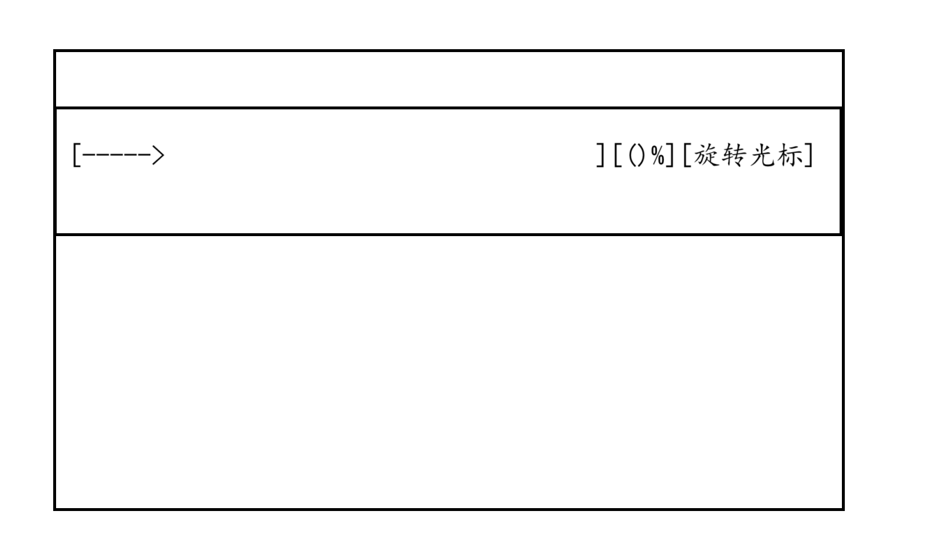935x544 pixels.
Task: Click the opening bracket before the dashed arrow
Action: tap(75, 155)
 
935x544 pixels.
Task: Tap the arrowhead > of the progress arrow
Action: tap(158, 155)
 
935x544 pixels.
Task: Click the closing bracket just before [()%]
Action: tap(601, 155)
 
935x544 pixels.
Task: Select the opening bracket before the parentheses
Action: tap(616, 155)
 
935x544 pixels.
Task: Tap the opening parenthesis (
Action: tap(631, 155)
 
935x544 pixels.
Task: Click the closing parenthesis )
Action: tap(642, 155)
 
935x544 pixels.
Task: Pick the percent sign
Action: tap(657, 155)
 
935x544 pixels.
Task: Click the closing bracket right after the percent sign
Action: tap(671, 155)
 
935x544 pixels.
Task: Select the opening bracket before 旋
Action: tap(686, 155)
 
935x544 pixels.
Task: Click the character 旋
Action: tap(706, 155)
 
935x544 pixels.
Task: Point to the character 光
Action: tap(763, 155)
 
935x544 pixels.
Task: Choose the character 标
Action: tap(790, 155)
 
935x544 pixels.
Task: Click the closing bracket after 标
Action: tap(810, 155)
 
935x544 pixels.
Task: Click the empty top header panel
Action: tap(449, 79)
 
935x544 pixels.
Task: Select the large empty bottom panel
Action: tap(449, 372)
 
